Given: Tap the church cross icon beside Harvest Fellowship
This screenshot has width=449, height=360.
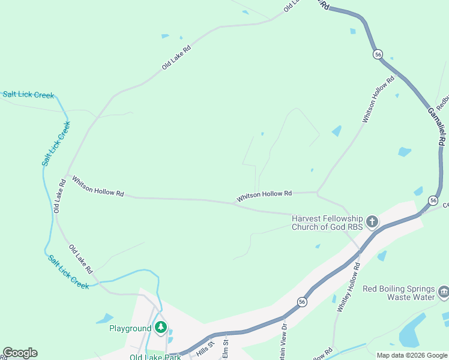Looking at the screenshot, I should click(x=372, y=223).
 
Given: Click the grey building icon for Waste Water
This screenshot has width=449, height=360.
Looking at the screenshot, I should click(x=444, y=293).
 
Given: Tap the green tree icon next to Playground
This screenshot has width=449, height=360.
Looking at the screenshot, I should click(x=160, y=328).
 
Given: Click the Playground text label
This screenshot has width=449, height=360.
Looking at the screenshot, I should click(x=130, y=328).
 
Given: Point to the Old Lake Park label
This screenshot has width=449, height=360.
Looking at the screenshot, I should click(x=155, y=357).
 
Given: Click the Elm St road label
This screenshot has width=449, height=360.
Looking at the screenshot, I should click(x=226, y=350).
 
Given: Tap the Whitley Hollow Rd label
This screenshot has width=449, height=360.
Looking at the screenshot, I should click(x=349, y=287).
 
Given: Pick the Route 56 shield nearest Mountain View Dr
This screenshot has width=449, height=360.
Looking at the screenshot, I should click(x=303, y=302).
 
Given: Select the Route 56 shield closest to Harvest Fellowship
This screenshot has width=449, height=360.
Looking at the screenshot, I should click(x=433, y=200).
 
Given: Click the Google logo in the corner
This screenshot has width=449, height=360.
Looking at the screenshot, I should click(x=20, y=353).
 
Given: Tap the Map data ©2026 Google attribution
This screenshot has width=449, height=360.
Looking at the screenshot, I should click(x=411, y=355).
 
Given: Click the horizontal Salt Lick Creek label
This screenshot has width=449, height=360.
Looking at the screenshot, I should click(x=28, y=95).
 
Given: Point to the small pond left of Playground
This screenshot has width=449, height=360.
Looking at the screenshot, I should click(x=104, y=318).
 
